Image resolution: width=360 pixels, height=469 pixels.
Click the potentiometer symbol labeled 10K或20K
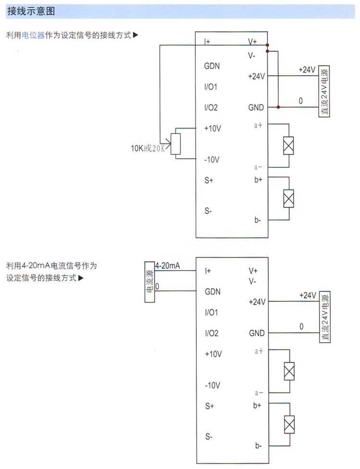coord(176,143)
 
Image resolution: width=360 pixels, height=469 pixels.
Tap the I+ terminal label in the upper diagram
coord(207,42)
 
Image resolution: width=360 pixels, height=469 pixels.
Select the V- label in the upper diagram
coord(252,56)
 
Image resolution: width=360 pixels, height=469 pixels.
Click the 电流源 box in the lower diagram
coord(150,283)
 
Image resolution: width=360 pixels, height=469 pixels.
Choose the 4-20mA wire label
coord(168,266)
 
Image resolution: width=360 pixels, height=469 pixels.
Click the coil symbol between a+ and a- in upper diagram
coord(288,146)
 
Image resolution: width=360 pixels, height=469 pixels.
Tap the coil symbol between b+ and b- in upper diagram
coord(288,199)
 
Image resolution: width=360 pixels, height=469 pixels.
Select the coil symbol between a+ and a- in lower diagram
coord(289,371)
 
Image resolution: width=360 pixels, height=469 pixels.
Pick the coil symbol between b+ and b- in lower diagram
coord(289,423)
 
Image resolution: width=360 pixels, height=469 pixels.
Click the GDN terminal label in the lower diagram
coord(212,291)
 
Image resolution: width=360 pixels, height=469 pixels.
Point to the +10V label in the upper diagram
coord(213,129)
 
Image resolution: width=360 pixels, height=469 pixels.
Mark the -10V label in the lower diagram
coord(212,385)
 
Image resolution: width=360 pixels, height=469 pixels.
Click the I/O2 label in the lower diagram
coord(211,333)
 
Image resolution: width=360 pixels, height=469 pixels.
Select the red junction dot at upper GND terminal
coord(277,107)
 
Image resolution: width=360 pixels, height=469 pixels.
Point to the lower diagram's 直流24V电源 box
coord(325,317)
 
